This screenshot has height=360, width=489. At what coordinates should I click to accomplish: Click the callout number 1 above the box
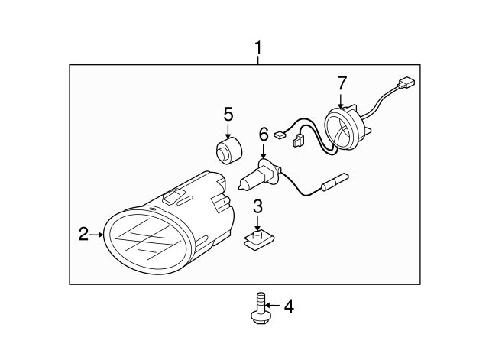pos(258,47)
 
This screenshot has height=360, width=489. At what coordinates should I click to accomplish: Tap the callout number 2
pos(83,234)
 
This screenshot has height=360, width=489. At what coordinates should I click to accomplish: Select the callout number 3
pos(257,206)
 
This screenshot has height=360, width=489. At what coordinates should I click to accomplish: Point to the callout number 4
pos(289,306)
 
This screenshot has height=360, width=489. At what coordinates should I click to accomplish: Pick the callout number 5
pos(228,114)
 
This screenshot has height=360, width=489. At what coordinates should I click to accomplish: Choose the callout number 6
pos(264,135)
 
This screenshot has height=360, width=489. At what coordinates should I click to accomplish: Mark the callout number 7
pos(342,83)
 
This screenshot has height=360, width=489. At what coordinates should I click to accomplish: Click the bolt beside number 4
pos(260,308)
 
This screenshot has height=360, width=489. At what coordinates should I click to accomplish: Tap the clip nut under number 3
pos(259,240)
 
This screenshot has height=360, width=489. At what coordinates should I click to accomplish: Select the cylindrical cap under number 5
pos(229,151)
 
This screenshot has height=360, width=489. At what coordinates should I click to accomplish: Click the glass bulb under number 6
pos(250,180)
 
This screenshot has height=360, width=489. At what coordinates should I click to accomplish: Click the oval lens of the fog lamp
pos(146,242)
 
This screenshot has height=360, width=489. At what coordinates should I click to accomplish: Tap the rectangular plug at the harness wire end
pos(406,83)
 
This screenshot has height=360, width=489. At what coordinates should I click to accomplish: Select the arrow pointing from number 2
pos(96,235)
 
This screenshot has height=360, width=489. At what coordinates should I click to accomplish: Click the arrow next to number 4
pos(272,306)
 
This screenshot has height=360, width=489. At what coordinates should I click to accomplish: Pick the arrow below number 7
pos(341,100)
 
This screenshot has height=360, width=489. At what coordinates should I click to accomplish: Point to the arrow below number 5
pos(228,131)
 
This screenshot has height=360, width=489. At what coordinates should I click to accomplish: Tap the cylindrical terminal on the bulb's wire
pos(335,181)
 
